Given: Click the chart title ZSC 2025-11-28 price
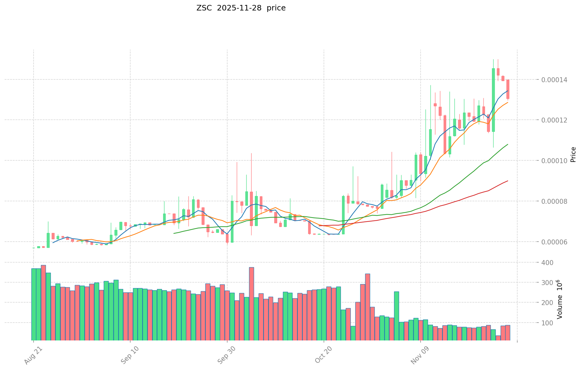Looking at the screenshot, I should tap(241, 8).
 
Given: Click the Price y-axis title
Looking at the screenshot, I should tap(573, 155).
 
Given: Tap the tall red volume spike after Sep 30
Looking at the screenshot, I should tap(252, 303).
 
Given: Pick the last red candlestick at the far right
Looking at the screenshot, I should tap(508, 89).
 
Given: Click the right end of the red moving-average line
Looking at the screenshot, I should tap(508, 181).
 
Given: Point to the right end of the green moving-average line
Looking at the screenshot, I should tap(508, 144).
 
